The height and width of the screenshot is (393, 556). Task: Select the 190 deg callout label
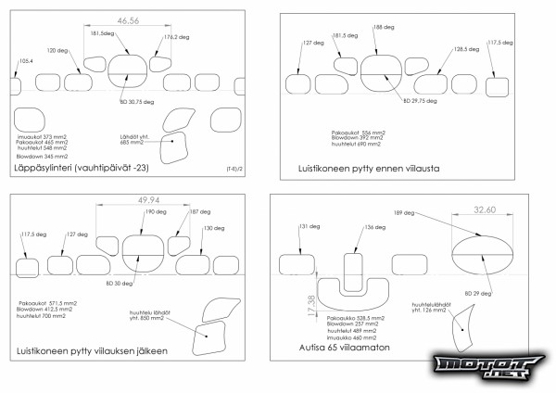coord(155,212)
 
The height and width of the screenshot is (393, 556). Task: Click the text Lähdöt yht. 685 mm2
coord(137,139)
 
